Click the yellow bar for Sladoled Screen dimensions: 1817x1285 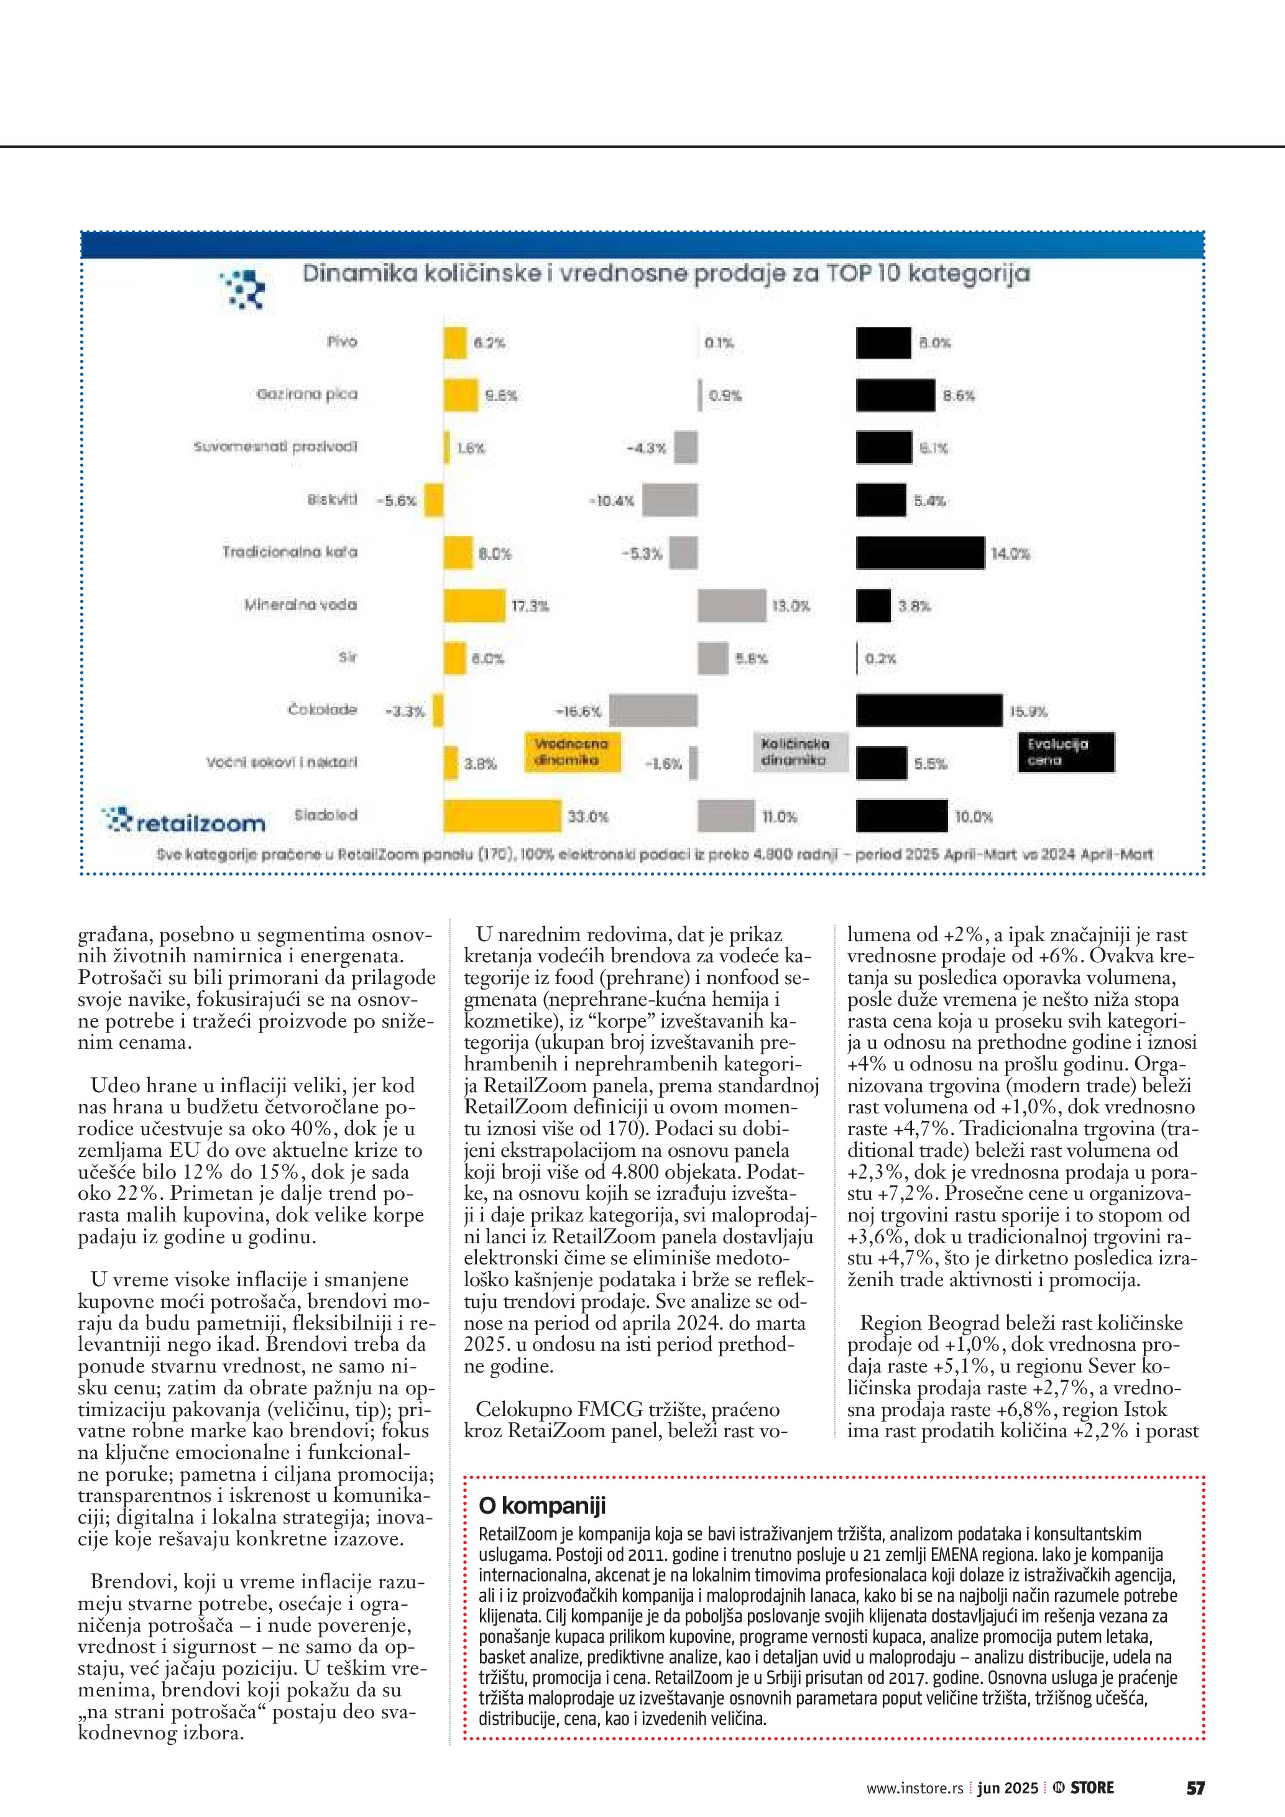[502, 816]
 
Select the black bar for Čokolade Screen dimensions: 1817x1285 [929, 710]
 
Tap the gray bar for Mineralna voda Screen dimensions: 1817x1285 [732, 605]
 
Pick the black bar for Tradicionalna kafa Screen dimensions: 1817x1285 [920, 553]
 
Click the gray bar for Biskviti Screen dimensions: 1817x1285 [670, 500]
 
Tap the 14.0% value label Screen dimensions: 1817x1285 [1010, 554]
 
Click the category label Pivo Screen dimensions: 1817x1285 [342, 342]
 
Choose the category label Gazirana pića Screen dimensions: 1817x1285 [307, 394]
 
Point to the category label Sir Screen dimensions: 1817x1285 [348, 657]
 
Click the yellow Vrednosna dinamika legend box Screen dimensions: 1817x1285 [572, 752]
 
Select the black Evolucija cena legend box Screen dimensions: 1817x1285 [1066, 752]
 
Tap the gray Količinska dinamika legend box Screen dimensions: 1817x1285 [799, 752]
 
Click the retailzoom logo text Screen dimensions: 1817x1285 [200, 823]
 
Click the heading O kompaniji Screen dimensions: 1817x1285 [542, 1505]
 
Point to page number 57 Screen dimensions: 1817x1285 [1195, 1788]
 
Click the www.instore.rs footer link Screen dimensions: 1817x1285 [914, 1788]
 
